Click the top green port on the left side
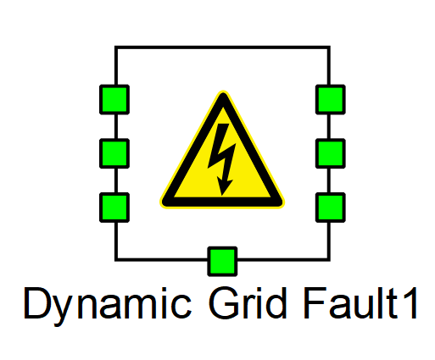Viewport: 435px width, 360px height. [x=114, y=100]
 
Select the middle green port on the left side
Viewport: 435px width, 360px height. [x=114, y=153]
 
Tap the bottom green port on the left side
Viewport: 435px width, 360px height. [x=114, y=208]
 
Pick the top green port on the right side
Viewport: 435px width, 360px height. [x=331, y=100]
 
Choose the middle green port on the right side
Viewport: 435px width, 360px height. [x=331, y=153]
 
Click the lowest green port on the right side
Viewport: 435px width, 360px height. [x=331, y=208]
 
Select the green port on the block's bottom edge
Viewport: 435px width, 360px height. [x=222, y=262]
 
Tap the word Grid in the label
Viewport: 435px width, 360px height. [x=248, y=303]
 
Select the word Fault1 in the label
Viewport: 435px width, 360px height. [x=360, y=303]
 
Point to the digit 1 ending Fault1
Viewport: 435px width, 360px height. [x=410, y=303]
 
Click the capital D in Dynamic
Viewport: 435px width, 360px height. [x=37, y=303]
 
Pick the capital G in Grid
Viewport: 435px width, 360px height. [x=223, y=303]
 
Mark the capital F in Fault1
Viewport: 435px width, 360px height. [x=314, y=303]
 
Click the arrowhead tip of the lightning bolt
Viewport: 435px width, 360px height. [x=222, y=196]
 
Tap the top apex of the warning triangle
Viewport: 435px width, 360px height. [x=223, y=91]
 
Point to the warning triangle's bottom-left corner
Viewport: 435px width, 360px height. [x=162, y=205]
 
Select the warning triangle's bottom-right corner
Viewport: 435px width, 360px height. [x=282, y=205]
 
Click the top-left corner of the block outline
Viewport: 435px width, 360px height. [x=116, y=47]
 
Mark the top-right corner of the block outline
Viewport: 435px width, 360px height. [x=329, y=47]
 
